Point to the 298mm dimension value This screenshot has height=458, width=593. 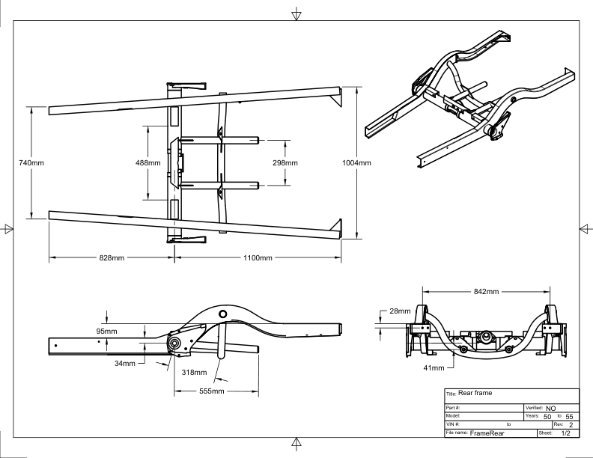click(x=285, y=162)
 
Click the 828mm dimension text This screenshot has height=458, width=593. click(x=112, y=258)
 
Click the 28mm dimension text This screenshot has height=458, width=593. click(x=400, y=311)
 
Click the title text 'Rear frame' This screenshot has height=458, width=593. click(x=476, y=394)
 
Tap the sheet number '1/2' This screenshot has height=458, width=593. click(x=565, y=433)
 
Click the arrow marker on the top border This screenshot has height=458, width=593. click(x=296, y=13)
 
